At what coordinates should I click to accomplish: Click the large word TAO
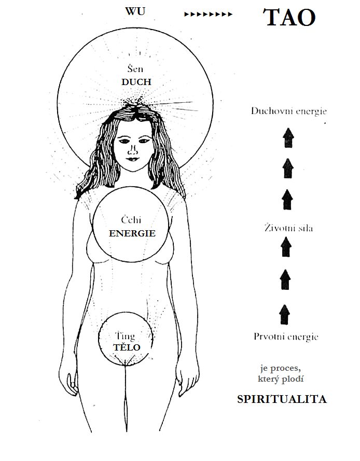[x=290, y=18]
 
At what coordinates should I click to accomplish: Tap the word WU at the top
[x=135, y=11]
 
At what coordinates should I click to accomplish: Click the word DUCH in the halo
[x=136, y=82]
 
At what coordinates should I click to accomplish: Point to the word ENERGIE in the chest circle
[x=132, y=233]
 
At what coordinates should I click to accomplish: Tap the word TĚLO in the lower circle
[x=127, y=347]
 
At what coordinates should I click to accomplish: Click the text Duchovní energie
[x=288, y=111]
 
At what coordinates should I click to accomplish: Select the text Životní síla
[x=285, y=228]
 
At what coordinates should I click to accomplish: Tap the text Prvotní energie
[x=286, y=337]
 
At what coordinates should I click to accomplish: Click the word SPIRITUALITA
[x=282, y=399]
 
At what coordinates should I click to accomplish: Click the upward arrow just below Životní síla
[x=285, y=246]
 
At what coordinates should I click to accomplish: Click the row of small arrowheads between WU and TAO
[x=209, y=14]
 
